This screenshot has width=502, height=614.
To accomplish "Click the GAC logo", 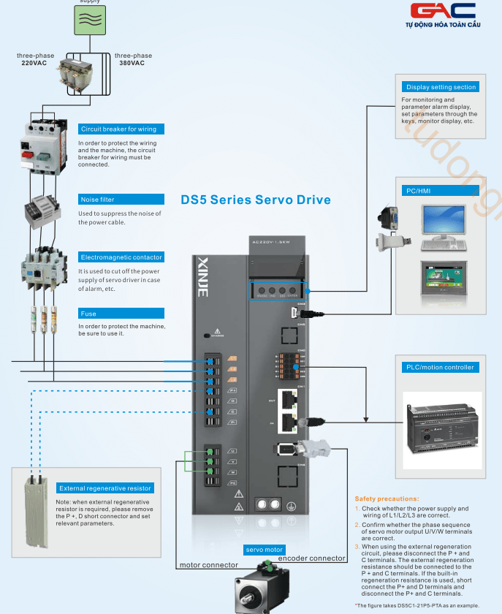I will (443, 12).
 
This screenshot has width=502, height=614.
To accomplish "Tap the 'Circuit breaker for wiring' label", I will (118, 129).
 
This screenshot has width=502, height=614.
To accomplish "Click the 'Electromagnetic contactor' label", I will (121, 257).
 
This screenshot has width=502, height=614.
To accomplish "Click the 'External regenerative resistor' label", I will (105, 488).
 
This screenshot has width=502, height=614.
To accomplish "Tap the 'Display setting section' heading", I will (441, 87).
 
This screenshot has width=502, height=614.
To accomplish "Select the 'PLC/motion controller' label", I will (438, 368).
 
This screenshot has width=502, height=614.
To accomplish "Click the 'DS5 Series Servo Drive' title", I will (255, 200).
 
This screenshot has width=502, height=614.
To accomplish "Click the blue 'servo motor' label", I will (264, 550).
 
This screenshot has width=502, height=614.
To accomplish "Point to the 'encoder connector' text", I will (311, 558).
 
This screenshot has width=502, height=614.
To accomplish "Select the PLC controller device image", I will (443, 418).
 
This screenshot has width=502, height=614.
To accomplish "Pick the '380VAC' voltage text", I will (132, 63).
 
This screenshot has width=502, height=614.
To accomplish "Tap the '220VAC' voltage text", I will (34, 63).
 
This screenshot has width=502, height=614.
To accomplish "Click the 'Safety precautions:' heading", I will (387, 499).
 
